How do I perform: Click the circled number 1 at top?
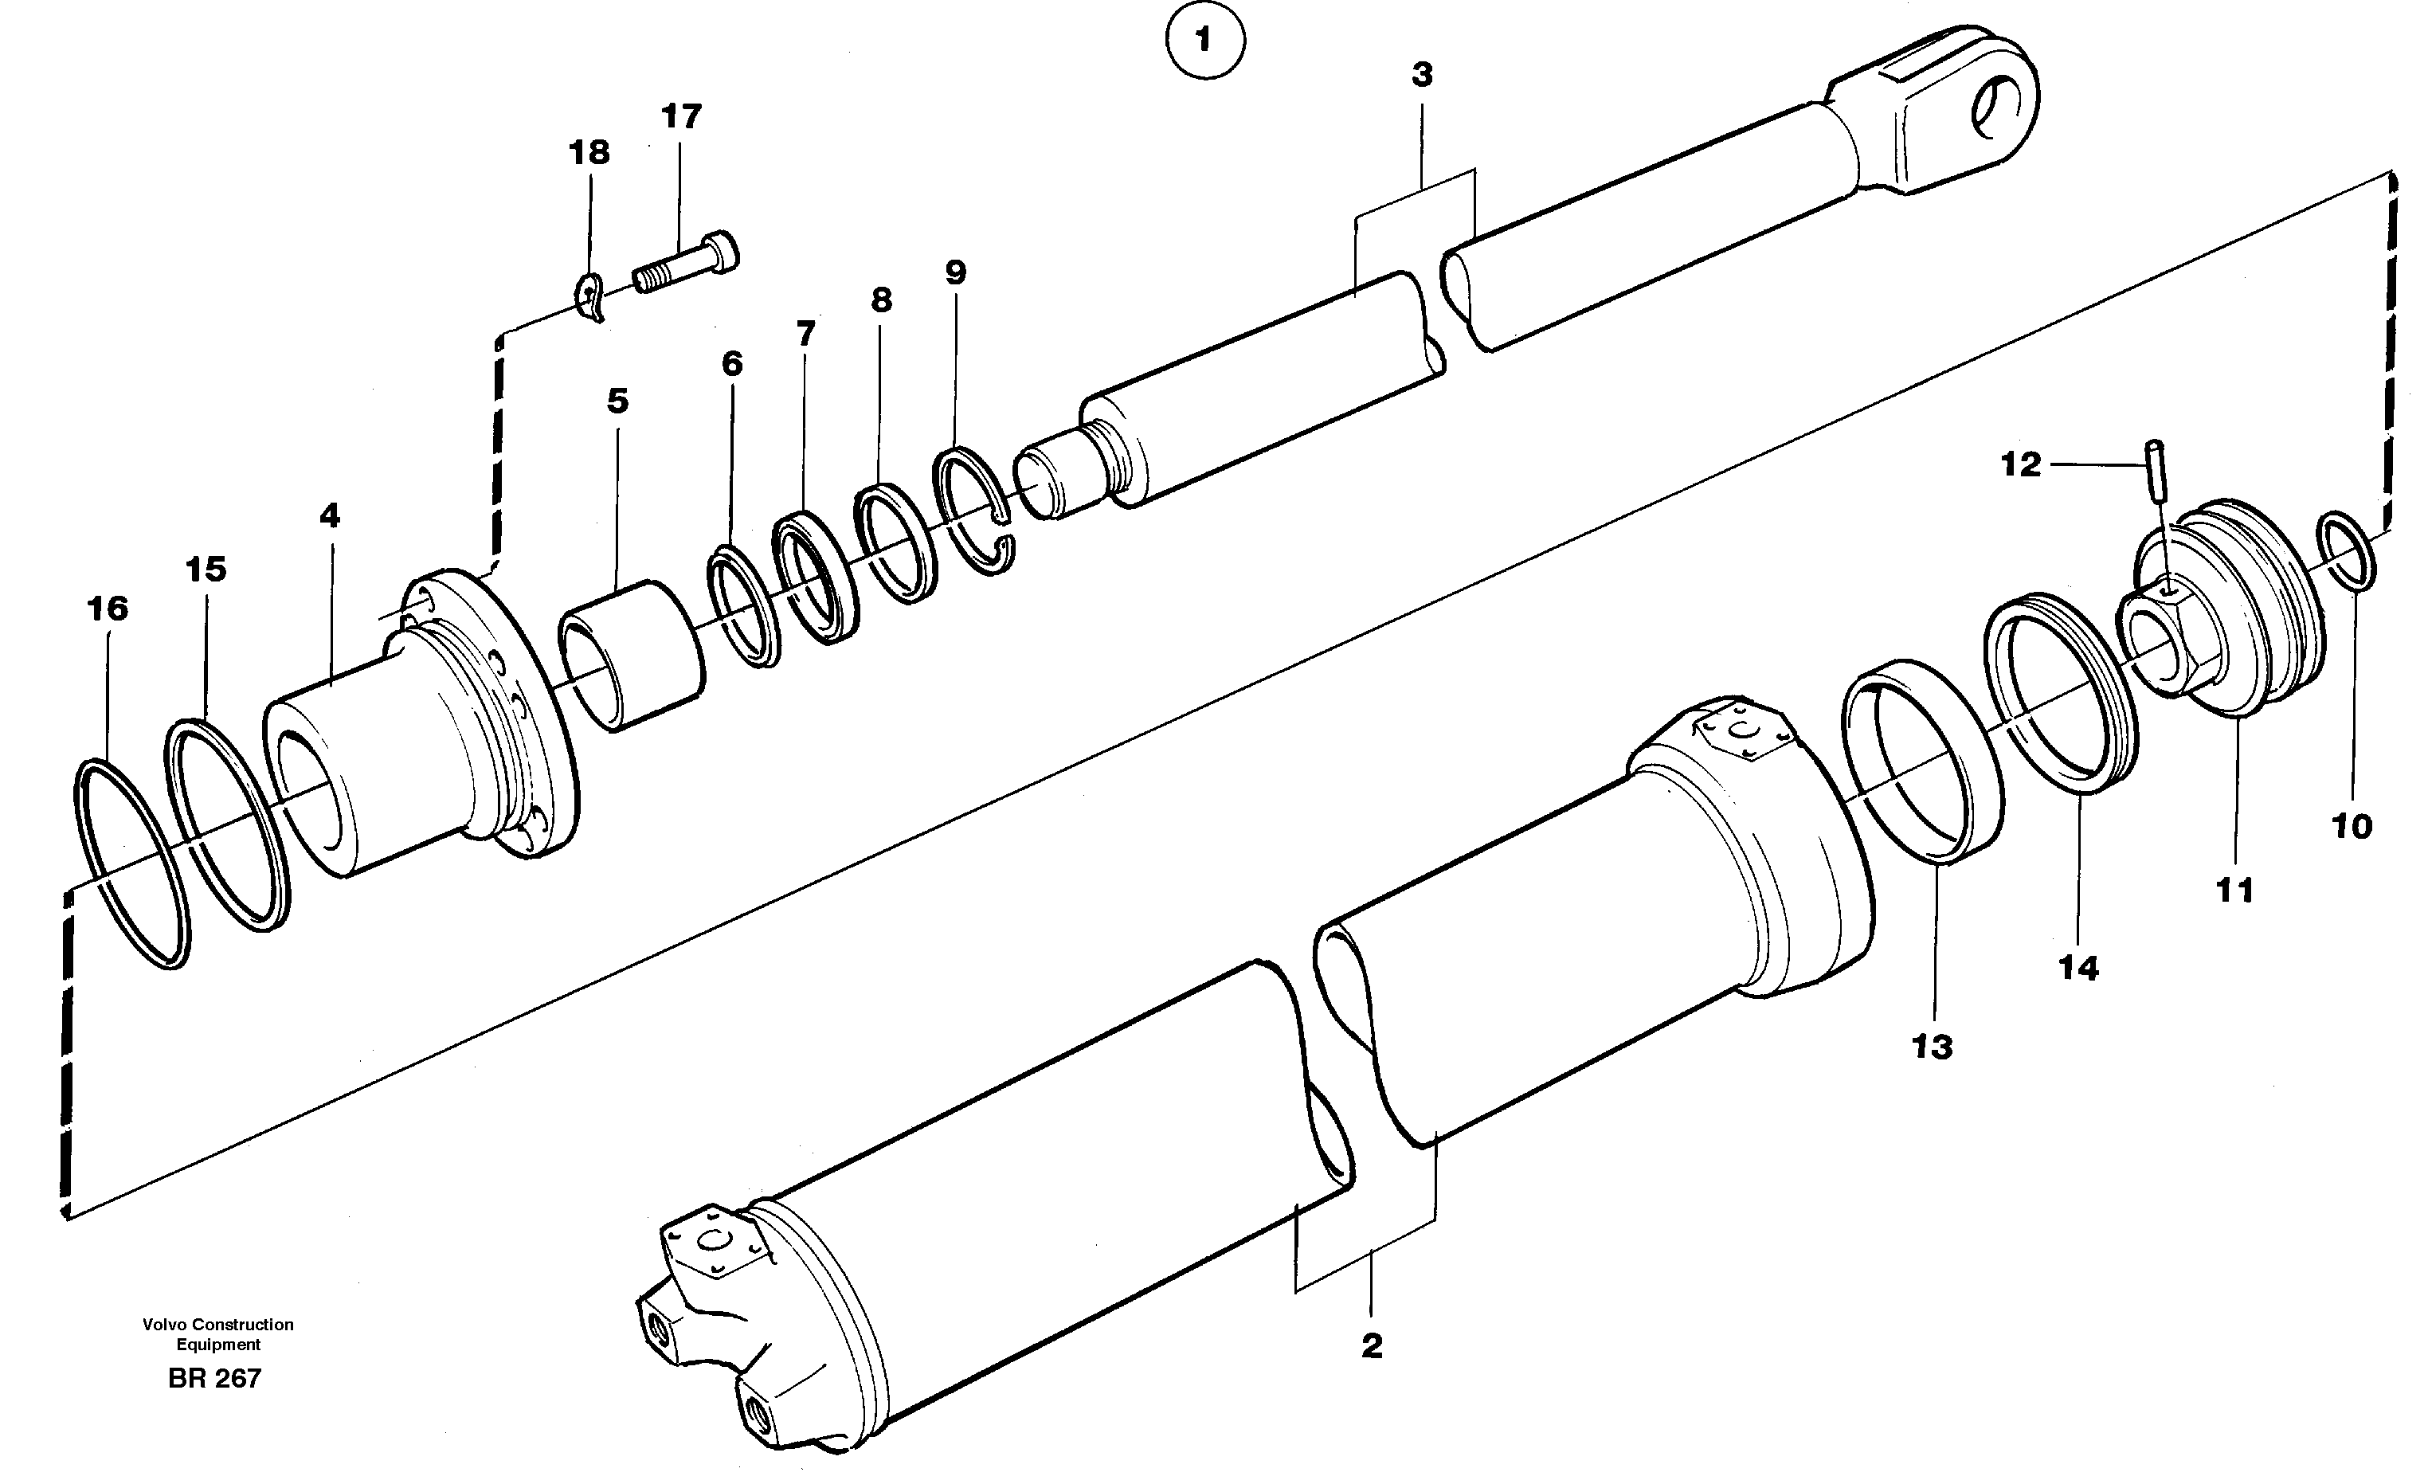click(x=1204, y=41)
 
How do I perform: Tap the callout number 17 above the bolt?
click(x=681, y=117)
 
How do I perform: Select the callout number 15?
click(x=206, y=570)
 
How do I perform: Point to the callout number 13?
click(x=1932, y=1047)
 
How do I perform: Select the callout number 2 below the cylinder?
click(x=1372, y=1346)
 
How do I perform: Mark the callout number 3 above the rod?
click(x=1421, y=75)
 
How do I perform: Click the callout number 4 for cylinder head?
click(x=329, y=515)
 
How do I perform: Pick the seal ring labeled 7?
click(x=814, y=578)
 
